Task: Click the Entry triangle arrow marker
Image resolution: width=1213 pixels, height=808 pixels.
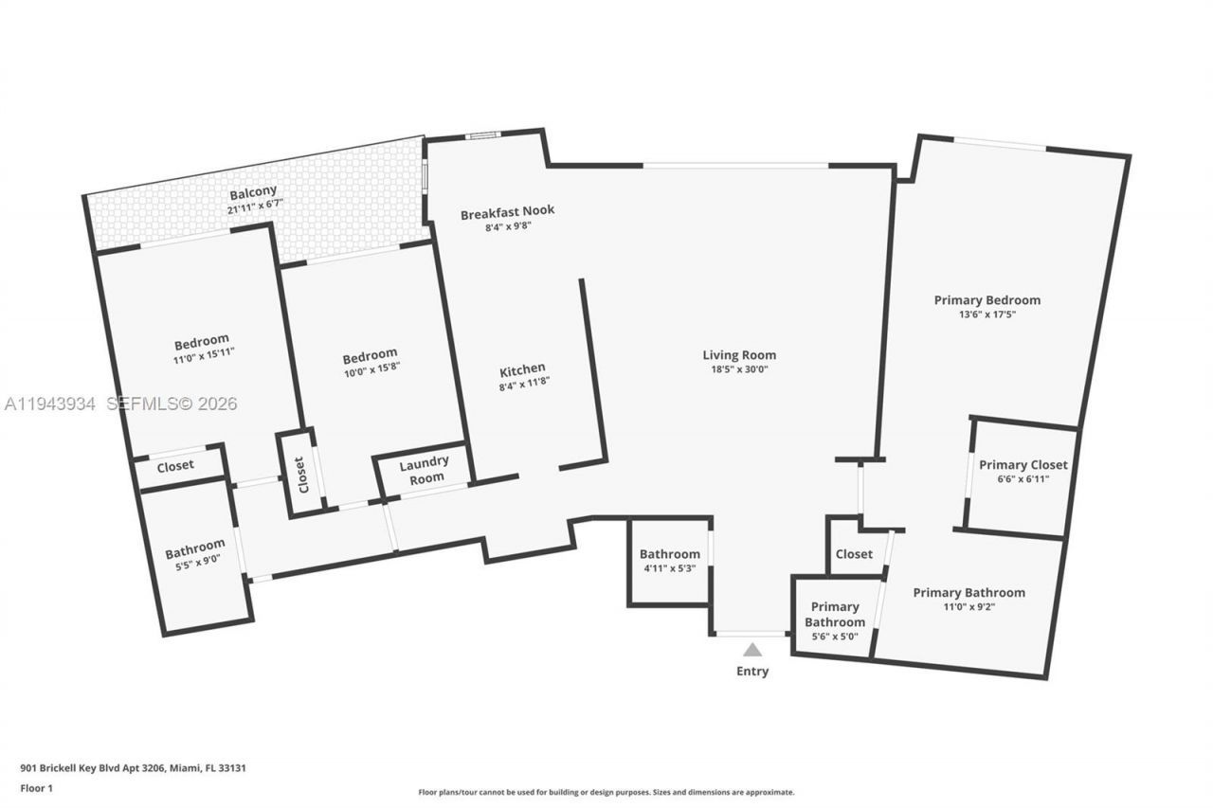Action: [x=752, y=650]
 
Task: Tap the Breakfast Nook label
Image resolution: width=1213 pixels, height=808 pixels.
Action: [x=507, y=213]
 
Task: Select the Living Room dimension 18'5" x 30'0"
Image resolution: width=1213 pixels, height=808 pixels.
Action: [x=739, y=369]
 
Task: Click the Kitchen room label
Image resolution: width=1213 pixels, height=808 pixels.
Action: [x=522, y=368]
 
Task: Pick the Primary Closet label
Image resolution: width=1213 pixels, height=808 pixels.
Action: [x=1023, y=465]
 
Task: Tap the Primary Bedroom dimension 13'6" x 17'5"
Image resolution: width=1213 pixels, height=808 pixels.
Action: [x=987, y=314]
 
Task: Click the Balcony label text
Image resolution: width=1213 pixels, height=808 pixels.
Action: [x=252, y=191]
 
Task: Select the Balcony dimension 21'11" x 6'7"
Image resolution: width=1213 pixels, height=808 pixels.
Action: [x=255, y=206]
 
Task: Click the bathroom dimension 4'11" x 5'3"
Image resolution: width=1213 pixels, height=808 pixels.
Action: [x=669, y=568]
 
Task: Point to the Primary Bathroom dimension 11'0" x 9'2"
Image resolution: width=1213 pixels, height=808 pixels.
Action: [x=969, y=607]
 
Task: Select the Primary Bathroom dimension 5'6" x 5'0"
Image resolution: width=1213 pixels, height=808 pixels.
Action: [x=835, y=637]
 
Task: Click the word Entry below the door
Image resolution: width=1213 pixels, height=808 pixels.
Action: [x=752, y=672]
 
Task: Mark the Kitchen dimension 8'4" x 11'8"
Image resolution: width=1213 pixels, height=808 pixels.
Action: [x=523, y=383]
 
